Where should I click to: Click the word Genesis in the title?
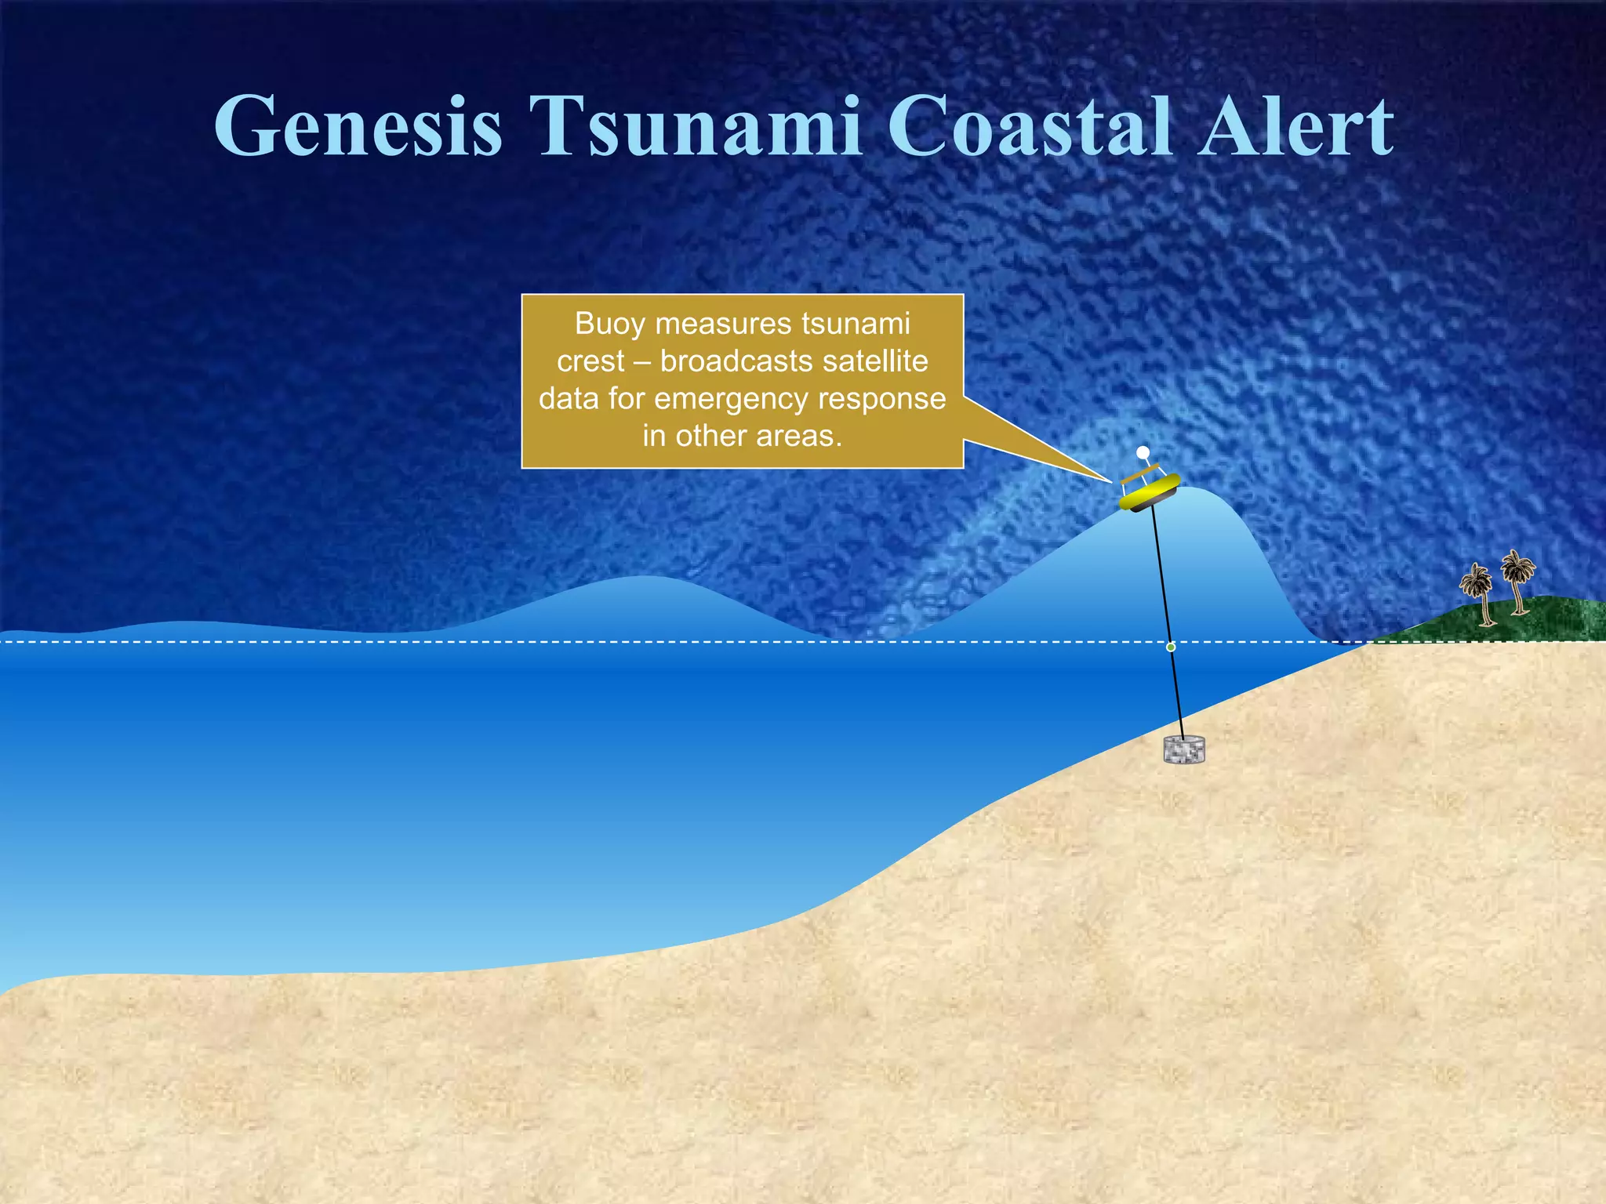(x=358, y=127)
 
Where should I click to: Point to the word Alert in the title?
(x=1296, y=127)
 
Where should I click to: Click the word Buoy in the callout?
(x=609, y=324)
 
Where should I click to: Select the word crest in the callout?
(x=590, y=361)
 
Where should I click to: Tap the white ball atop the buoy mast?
(x=1143, y=452)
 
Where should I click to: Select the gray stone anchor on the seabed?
(x=1183, y=750)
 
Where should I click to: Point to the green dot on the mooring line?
(x=1171, y=647)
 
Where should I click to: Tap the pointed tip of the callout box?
(x=1110, y=480)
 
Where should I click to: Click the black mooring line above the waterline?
(x=1161, y=572)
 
